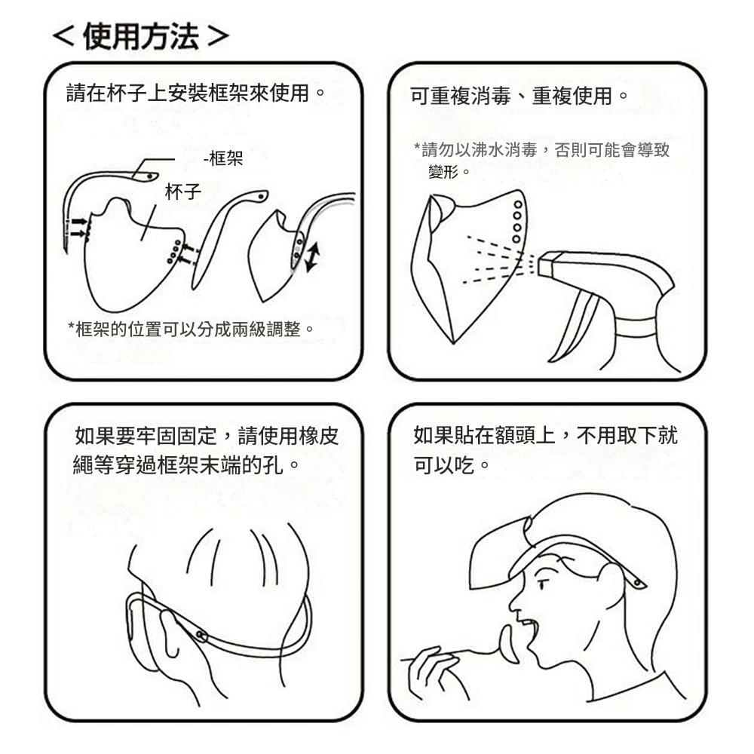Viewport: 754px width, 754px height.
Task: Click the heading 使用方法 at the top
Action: click(x=140, y=36)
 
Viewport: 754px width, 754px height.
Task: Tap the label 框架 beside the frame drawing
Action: click(x=226, y=158)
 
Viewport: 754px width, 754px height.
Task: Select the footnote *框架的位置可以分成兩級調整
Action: click(x=192, y=329)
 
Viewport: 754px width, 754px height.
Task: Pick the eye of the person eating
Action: click(x=542, y=585)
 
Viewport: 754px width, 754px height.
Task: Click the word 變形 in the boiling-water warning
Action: click(x=443, y=172)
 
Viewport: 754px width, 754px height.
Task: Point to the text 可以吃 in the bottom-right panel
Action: click(x=444, y=465)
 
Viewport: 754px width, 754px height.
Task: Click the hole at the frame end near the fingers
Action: click(x=201, y=637)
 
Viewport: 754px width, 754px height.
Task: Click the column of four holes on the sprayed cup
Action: click(x=517, y=222)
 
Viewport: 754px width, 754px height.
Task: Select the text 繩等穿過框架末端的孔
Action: click(x=178, y=465)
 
